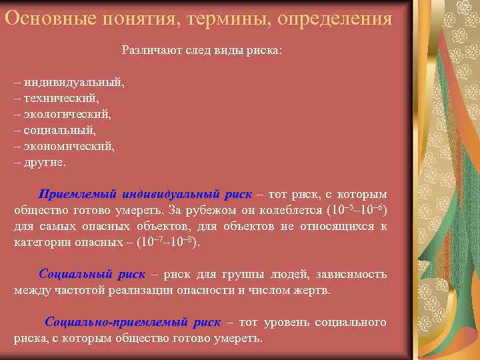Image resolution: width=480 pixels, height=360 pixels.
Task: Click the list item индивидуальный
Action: point(74,83)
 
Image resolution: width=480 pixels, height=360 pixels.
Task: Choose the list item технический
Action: point(61,98)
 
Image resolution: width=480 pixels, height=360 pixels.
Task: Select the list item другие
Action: point(45,161)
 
